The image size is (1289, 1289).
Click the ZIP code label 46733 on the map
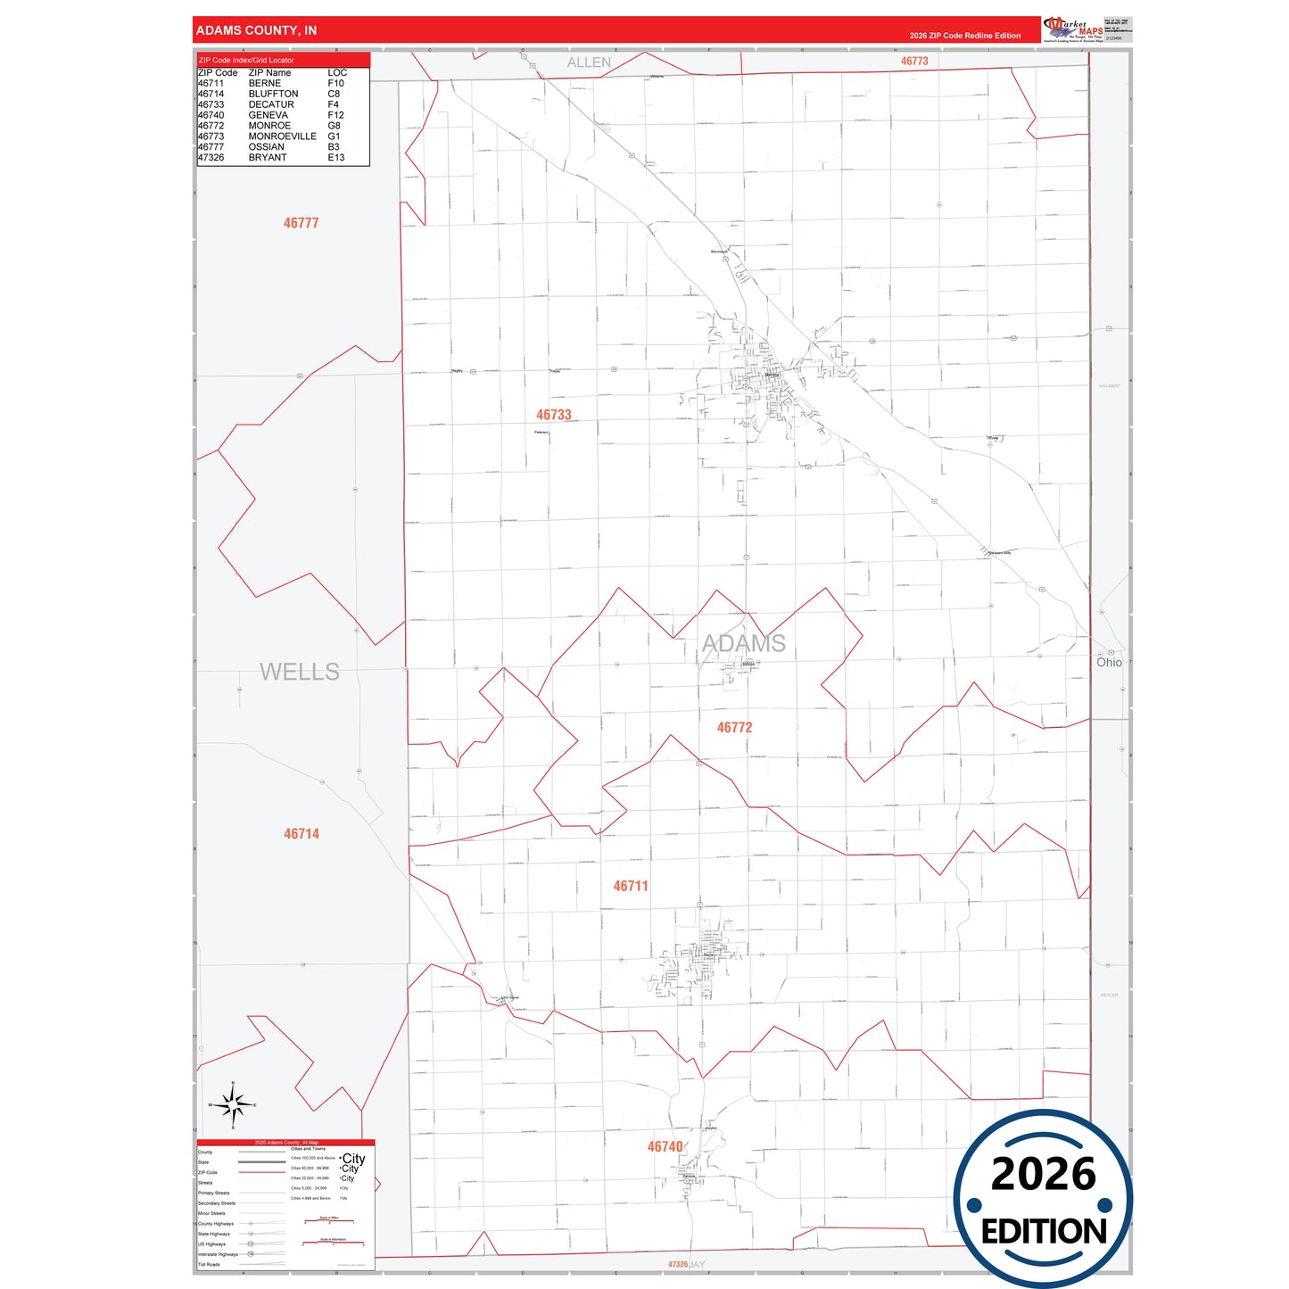pyautogui.click(x=553, y=415)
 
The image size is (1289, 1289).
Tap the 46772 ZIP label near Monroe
pyautogui.click(x=734, y=728)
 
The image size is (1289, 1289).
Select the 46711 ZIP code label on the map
pyautogui.click(x=631, y=886)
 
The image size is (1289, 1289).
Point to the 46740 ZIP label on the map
pyautogui.click(x=665, y=1147)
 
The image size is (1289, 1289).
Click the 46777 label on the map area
pyautogui.click(x=301, y=223)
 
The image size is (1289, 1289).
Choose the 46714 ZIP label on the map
pyautogui.click(x=302, y=834)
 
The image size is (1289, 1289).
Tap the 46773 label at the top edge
pyautogui.click(x=914, y=62)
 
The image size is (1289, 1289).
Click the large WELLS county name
pyautogui.click(x=299, y=672)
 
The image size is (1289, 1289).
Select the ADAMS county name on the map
pyautogui.click(x=743, y=643)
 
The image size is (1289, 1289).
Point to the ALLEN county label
pyautogui.click(x=589, y=62)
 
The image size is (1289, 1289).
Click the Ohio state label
pyautogui.click(x=1109, y=663)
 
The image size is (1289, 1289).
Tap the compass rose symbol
pyautogui.click(x=233, y=1105)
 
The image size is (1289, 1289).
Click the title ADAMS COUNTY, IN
pyautogui.click(x=256, y=30)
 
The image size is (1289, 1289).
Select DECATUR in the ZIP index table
pyautogui.click(x=271, y=104)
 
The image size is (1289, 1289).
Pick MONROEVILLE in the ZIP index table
pyautogui.click(x=282, y=136)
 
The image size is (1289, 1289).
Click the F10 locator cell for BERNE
pyautogui.click(x=335, y=83)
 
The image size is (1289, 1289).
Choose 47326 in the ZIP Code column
pyautogui.click(x=211, y=158)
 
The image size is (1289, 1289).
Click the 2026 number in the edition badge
pyautogui.click(x=1043, y=1174)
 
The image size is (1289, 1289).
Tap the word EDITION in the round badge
pyautogui.click(x=1044, y=1232)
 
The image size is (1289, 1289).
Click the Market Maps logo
pyautogui.click(x=1073, y=29)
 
